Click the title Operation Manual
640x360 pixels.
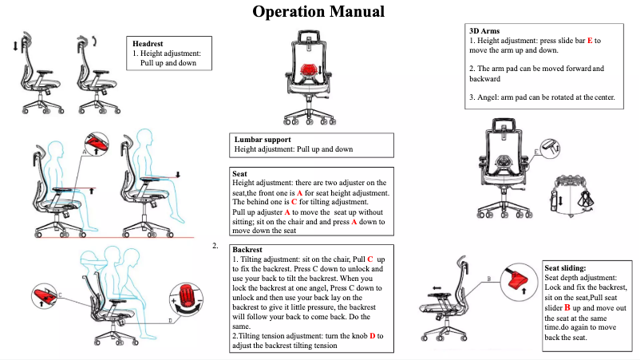coord(318,12)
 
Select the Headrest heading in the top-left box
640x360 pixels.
coord(148,43)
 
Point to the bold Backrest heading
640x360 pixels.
coord(245,249)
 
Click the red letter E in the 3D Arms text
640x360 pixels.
coord(590,40)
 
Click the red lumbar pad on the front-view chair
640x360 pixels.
coord(309,69)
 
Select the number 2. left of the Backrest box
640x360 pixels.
coord(215,246)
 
